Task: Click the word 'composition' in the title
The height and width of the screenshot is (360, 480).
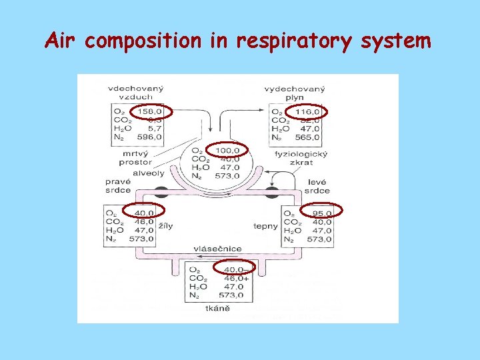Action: coord(143,41)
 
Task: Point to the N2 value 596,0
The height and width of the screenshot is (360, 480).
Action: coord(149,137)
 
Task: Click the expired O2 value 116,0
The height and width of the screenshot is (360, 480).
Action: coord(307,111)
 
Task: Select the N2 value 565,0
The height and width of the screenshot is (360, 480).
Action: coord(307,137)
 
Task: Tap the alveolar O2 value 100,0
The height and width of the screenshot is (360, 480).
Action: coord(227,150)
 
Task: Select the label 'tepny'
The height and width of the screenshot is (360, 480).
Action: coord(265,226)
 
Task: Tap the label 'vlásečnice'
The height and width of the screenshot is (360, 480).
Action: coord(217,249)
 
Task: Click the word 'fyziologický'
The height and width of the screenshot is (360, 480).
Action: coord(298,154)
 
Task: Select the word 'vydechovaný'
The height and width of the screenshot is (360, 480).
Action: coord(295,88)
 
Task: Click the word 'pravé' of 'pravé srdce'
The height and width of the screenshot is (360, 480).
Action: coord(118,181)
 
